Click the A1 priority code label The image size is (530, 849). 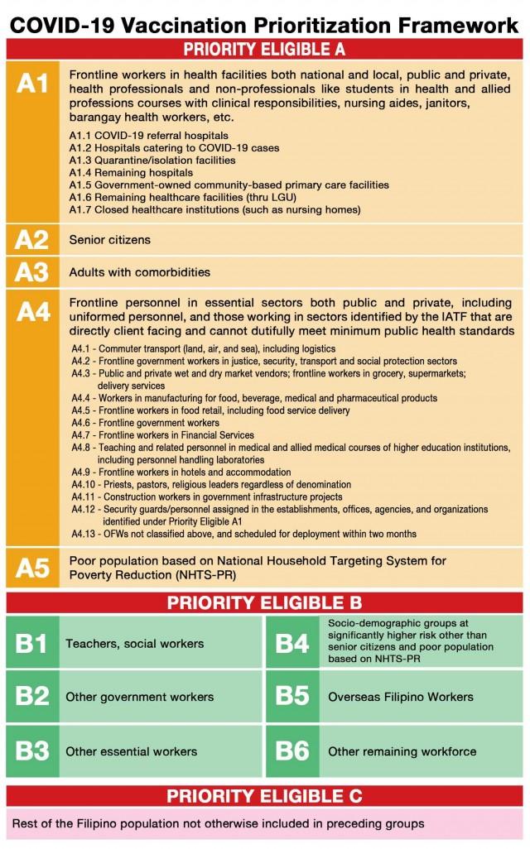[x=32, y=85]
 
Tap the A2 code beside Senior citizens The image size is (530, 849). [x=32, y=241]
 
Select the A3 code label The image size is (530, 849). [x=32, y=272]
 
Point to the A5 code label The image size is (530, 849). [x=32, y=568]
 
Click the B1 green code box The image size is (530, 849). [x=32, y=643]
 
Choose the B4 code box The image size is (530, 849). [x=292, y=643]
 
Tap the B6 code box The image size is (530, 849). [x=292, y=751]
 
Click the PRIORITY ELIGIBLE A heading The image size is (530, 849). [x=265, y=49]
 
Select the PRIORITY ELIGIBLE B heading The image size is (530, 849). [x=265, y=602]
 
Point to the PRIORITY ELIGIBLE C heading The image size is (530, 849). [x=265, y=796]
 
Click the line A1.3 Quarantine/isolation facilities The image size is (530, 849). [x=152, y=160]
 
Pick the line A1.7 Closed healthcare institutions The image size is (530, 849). [x=215, y=210]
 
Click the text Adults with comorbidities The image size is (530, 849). [x=139, y=272]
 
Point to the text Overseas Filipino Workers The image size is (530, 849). [x=401, y=697]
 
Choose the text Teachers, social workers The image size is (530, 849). [x=134, y=643]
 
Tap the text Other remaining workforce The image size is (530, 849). [x=402, y=751]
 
